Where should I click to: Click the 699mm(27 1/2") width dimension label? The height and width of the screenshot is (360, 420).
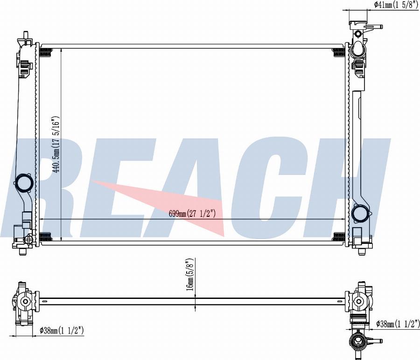(192, 214)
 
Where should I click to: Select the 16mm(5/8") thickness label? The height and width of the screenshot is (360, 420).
(190, 274)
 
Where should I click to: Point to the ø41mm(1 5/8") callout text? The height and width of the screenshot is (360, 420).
(396, 5)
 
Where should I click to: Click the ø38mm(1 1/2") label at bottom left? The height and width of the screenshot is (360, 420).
(62, 330)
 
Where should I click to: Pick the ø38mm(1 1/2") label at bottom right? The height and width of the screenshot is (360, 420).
(398, 324)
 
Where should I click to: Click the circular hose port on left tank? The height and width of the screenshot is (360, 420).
(24, 183)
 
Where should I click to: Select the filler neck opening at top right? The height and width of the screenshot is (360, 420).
(357, 49)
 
